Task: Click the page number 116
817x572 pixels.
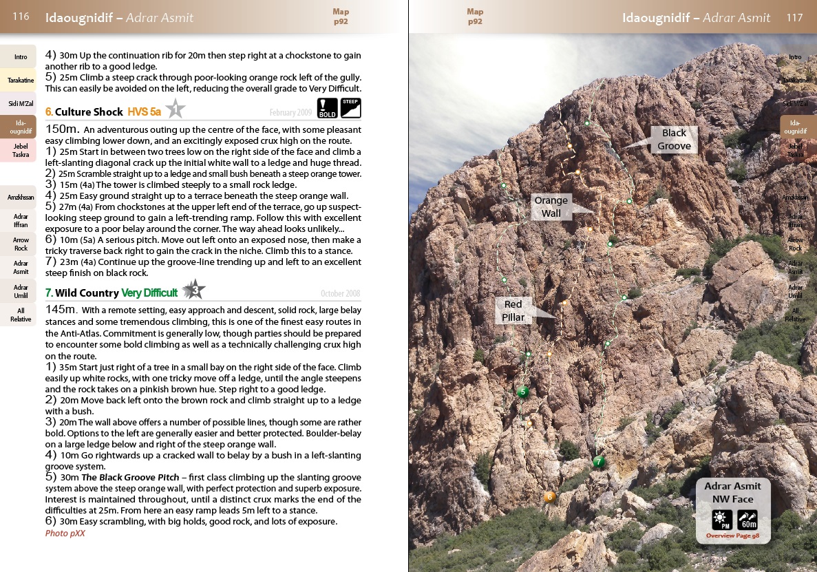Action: (x=21, y=17)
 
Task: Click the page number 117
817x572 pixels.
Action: (x=794, y=17)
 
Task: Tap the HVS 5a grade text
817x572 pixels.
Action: (x=144, y=112)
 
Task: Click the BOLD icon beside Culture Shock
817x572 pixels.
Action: (x=327, y=109)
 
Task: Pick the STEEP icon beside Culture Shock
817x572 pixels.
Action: (x=350, y=108)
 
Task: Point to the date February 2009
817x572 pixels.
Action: (x=290, y=112)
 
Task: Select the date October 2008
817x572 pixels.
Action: (x=340, y=294)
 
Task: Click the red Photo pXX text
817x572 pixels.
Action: (x=65, y=533)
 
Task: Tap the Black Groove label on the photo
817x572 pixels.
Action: (x=674, y=140)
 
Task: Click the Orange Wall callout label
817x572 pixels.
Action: (x=551, y=206)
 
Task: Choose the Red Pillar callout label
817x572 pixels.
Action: (x=513, y=310)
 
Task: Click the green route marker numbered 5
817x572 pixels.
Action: (x=522, y=392)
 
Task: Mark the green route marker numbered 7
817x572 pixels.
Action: (x=599, y=462)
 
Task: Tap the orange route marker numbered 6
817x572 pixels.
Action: (x=549, y=497)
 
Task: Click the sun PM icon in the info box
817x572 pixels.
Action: (x=721, y=520)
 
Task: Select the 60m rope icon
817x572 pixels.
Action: (x=747, y=520)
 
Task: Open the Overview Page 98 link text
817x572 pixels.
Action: (x=732, y=535)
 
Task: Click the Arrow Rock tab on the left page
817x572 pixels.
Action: (x=21, y=244)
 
